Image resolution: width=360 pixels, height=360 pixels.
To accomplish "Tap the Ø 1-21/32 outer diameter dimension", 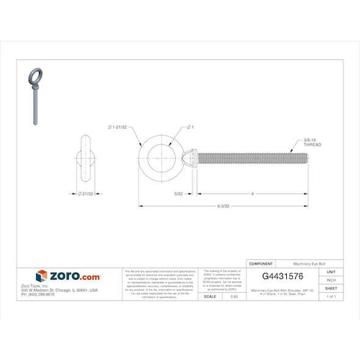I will coord(117,127).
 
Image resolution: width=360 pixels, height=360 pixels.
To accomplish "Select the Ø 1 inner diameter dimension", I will coord(190,127).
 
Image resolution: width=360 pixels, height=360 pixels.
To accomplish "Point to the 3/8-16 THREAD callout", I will coord(312,143).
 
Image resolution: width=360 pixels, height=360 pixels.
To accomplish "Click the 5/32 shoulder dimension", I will coord(178,194).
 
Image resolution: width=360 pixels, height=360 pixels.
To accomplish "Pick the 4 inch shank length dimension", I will coord(253,194).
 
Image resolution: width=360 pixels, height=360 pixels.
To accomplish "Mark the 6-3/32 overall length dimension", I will coord(223,206).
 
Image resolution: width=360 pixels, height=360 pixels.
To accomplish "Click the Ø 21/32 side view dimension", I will coord(86,194).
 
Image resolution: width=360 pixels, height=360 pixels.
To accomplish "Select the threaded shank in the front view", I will coord(250,159).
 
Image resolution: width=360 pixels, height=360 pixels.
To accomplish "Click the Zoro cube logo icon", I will coord(41,276).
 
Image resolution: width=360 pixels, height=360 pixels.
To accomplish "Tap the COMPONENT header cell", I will coord(261,264).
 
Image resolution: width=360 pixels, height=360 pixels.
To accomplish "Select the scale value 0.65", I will coord(234,296).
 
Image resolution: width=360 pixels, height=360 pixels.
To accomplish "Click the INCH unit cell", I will coord(331,280).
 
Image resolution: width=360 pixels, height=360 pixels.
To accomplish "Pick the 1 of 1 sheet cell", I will coord(331,296).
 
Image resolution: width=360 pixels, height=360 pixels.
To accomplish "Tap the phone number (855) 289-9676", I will coord(38,294).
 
